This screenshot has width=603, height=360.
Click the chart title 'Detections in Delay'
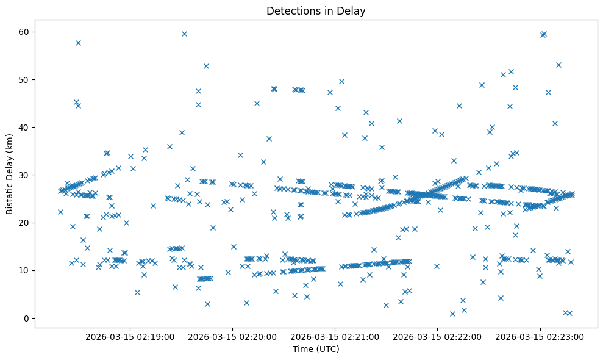316,10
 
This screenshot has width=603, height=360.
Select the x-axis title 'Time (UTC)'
316,349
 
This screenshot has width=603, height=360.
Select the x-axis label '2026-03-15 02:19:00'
130,336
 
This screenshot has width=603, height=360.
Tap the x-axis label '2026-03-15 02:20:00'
232,336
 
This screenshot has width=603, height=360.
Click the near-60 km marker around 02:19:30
184,34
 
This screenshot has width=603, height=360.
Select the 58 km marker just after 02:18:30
78,43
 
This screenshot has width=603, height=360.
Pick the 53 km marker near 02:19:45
206,66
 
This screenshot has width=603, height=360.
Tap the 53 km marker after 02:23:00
558,65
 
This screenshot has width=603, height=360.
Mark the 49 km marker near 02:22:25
482,85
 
